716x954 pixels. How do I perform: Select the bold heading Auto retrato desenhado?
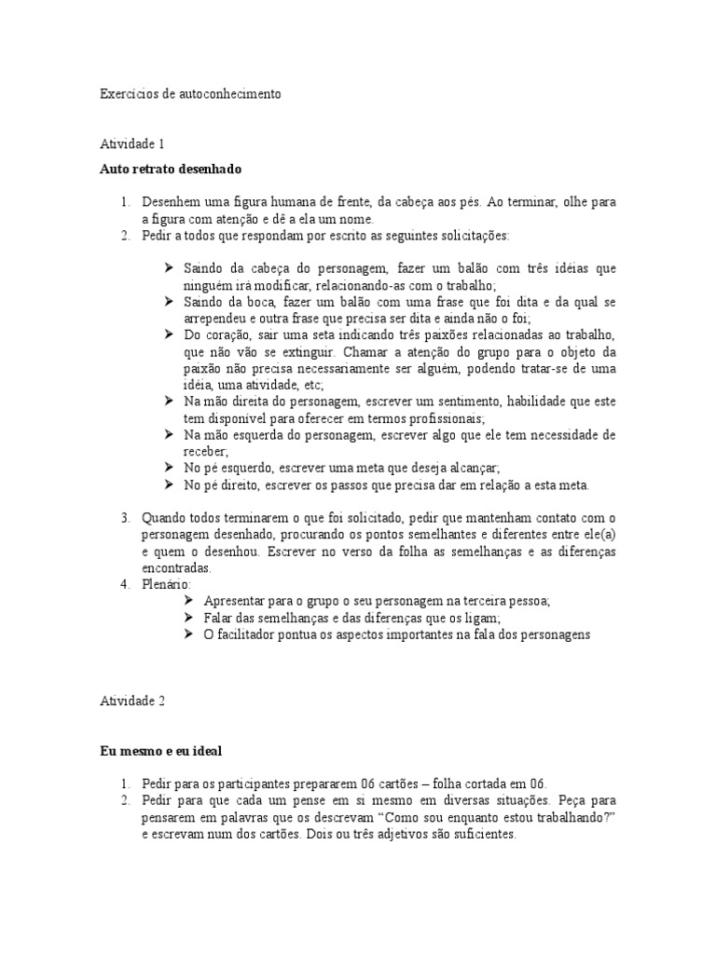171,170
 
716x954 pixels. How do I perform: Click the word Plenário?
165,584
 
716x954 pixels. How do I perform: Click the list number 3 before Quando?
126,517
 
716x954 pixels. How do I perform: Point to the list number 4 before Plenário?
126,584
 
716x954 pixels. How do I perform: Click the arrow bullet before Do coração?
169,335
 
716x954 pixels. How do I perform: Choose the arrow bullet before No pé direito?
169,485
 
